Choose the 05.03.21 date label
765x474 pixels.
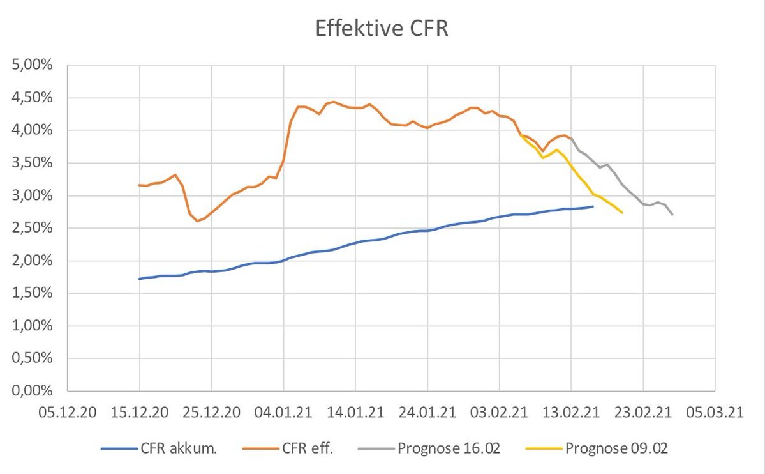715,411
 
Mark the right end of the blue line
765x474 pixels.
593,206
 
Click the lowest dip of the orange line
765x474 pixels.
197,221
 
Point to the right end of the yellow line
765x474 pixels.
622,213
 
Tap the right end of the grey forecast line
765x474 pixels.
672,215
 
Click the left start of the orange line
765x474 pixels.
139,185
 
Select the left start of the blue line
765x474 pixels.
139,279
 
